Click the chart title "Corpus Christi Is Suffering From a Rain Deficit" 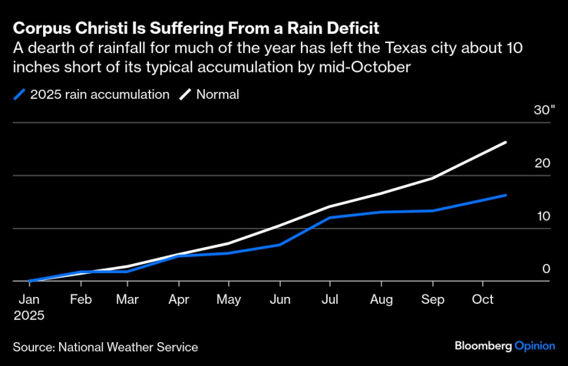click(x=195, y=29)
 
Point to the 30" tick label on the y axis click(x=544, y=110)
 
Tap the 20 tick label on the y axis click(x=543, y=163)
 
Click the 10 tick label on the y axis click(x=543, y=216)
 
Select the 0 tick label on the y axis click(x=547, y=269)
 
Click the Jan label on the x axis click(x=29, y=298)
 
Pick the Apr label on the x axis click(x=178, y=298)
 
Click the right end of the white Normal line click(x=506, y=142)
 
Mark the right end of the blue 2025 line click(x=506, y=195)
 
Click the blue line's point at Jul click(x=329, y=218)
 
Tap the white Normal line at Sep click(x=432, y=178)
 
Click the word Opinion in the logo click(x=535, y=346)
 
